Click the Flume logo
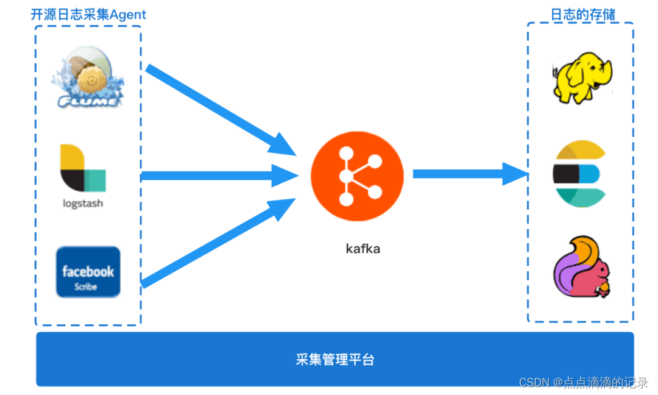click(88, 80)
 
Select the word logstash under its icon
click(83, 204)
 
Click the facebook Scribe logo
click(88, 272)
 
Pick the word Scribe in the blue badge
click(86, 286)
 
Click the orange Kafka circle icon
click(357, 176)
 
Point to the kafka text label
click(363, 249)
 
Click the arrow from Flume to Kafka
click(219, 110)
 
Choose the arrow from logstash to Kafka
click(219, 176)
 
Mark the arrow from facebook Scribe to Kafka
click(219, 244)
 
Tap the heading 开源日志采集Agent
click(88, 15)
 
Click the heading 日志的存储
click(583, 15)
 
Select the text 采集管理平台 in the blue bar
click(335, 359)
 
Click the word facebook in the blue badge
click(88, 271)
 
